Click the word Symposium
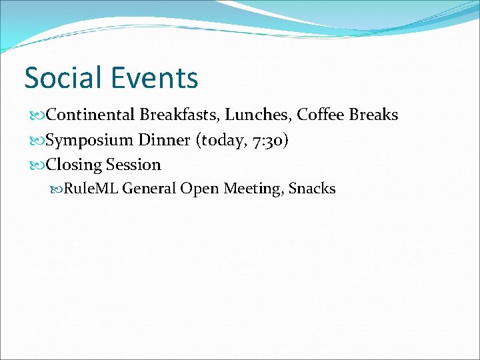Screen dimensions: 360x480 coord(90,141)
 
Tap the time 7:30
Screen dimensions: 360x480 coord(270,141)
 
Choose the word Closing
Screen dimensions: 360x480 coord(74,165)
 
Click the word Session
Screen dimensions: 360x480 coord(133,165)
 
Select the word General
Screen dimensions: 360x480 coord(149,189)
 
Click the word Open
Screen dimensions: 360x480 coord(199,189)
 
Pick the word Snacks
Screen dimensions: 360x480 coord(312,189)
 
